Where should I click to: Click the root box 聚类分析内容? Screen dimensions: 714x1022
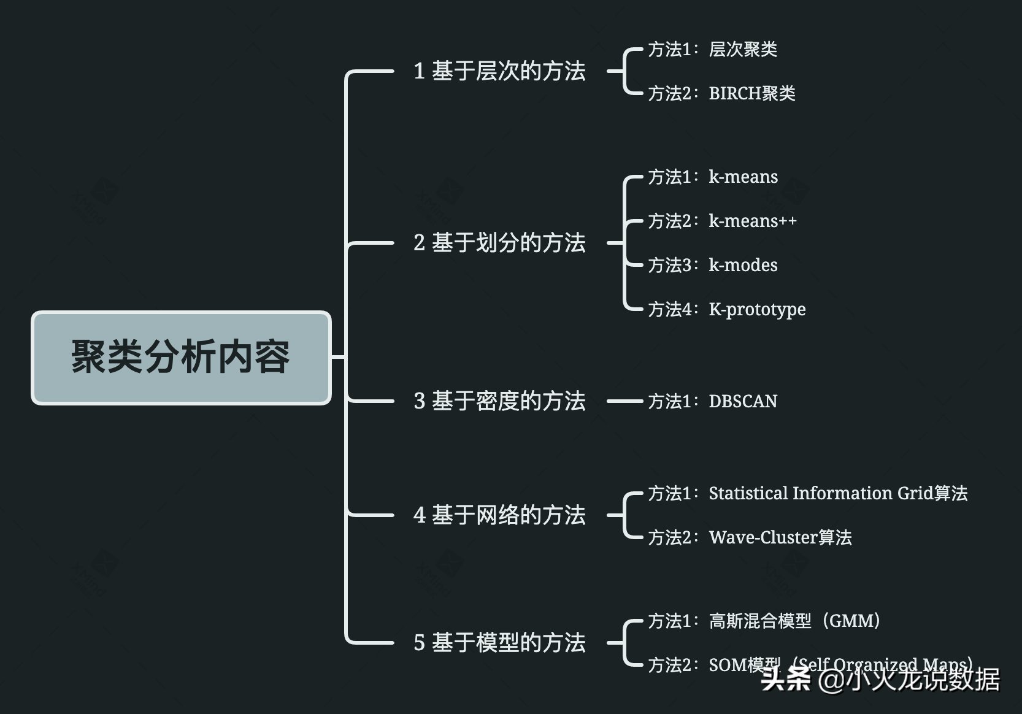tap(181, 358)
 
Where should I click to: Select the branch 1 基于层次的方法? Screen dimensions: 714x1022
tap(499, 71)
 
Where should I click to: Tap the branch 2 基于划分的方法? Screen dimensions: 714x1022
tap(499, 243)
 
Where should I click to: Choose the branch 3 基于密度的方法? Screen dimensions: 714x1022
tap(499, 401)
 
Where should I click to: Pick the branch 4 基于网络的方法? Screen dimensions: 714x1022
tap(499, 515)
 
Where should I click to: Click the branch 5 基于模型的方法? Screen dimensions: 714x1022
tap(499, 643)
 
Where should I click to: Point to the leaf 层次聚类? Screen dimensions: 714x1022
tap(743, 49)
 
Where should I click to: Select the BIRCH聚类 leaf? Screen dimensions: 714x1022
tap(752, 93)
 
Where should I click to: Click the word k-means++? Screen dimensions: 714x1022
tap(753, 221)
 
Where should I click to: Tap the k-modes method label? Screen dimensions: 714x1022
tap(743, 265)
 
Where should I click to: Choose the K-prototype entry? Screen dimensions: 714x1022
tap(757, 309)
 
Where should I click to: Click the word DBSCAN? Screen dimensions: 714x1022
tap(743, 401)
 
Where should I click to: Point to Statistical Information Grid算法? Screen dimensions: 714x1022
tap(838, 493)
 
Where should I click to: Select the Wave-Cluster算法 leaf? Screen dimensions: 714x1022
tap(780, 537)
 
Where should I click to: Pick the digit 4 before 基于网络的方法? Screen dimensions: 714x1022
tap(420, 515)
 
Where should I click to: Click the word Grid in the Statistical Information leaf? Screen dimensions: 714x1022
tap(915, 493)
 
